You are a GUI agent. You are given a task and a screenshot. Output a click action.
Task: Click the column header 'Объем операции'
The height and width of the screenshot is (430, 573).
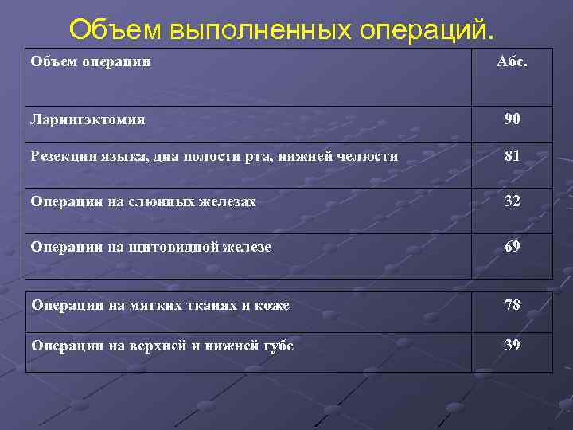(91, 61)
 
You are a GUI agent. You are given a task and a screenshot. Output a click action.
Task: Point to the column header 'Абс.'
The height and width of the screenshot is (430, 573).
(512, 61)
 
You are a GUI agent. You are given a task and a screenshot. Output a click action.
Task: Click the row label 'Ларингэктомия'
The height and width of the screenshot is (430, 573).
(88, 119)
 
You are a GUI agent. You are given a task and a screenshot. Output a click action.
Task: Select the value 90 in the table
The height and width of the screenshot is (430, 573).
(513, 119)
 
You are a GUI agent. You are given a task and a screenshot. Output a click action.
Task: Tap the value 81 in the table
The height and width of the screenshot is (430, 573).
(513, 156)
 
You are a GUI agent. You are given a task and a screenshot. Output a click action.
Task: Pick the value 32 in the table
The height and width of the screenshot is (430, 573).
(513, 201)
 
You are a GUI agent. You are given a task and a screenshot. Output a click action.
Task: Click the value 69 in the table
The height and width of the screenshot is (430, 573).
(513, 246)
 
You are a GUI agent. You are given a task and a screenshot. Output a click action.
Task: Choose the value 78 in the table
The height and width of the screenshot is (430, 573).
(513, 304)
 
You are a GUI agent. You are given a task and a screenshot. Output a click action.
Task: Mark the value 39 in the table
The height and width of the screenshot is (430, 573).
(513, 344)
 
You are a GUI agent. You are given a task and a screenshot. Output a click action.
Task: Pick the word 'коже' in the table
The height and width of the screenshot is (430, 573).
(273, 305)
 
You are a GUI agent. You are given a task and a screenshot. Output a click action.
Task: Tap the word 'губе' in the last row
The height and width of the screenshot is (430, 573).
(275, 345)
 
